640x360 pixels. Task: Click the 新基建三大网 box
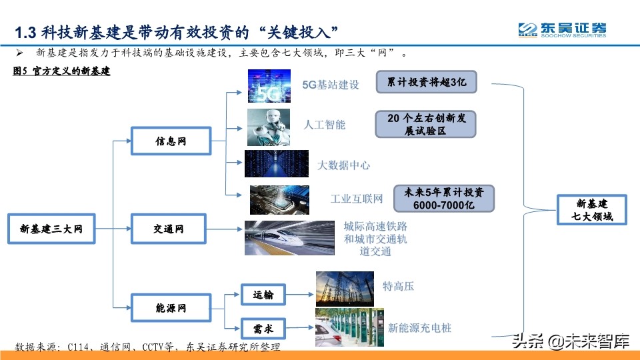(51, 229)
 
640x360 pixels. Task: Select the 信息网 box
(171, 141)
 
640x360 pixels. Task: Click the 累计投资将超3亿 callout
(426, 83)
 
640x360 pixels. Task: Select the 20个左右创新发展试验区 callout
(425, 124)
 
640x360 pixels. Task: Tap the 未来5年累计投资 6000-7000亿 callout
(443, 199)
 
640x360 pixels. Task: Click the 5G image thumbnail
(269, 86)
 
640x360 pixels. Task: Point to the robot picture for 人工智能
(269, 127)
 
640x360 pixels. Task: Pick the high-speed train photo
(289, 237)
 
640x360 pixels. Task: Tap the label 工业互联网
(357, 199)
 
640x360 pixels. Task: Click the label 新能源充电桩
(419, 328)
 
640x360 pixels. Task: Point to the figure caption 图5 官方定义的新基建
(61, 71)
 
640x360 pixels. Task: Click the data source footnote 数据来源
(147, 347)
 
